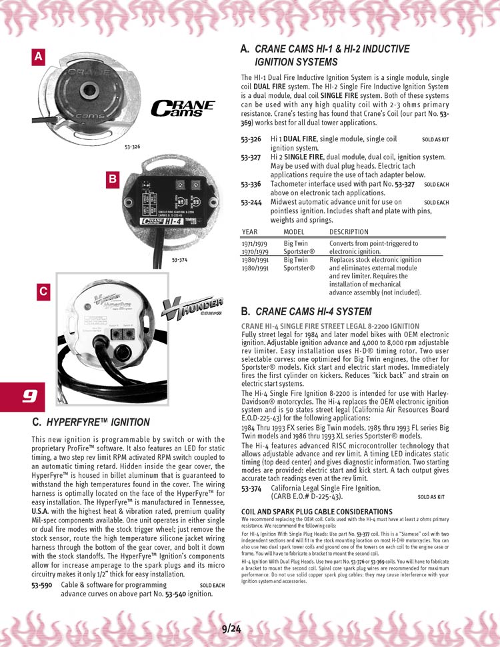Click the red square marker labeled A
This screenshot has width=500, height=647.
coord(39,58)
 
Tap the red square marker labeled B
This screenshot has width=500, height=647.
coord(113,179)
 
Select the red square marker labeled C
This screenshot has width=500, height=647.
coord(43,291)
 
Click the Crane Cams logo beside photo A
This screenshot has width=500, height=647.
coord(183,108)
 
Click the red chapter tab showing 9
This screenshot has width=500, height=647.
coord(23,396)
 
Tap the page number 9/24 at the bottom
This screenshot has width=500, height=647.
coord(231,628)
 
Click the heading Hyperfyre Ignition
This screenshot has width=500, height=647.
coord(91,422)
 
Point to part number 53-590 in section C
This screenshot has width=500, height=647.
coord(42,585)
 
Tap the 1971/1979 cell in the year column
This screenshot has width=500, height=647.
coord(255,244)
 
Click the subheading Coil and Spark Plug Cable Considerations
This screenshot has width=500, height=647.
coord(307,511)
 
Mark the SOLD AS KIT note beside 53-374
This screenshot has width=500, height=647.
coord(431,496)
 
